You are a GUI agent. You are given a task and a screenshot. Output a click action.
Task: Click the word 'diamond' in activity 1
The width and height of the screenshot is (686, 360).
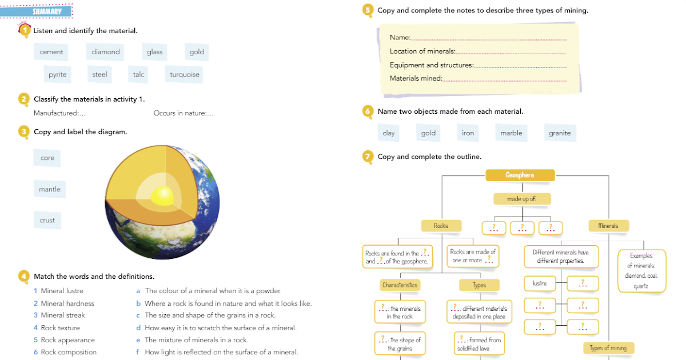(106, 52)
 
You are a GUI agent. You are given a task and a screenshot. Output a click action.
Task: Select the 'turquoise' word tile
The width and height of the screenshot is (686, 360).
(185, 74)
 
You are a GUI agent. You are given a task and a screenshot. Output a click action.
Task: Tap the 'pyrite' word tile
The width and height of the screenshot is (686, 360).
(57, 74)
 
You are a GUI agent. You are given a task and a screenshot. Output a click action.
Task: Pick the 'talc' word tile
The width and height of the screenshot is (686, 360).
(138, 74)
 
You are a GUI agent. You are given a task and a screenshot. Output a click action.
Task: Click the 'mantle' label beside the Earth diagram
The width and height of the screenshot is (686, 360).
(49, 189)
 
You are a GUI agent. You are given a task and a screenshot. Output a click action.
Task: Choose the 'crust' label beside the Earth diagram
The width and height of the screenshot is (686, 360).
(47, 220)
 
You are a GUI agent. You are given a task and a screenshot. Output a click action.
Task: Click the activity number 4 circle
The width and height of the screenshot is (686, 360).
(23, 277)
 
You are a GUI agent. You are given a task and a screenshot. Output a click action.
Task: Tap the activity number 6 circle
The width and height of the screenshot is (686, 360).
(368, 111)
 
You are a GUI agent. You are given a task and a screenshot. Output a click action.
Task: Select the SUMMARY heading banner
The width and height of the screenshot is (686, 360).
(47, 11)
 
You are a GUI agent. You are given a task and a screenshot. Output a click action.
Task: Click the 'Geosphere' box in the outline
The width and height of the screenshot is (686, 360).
(520, 175)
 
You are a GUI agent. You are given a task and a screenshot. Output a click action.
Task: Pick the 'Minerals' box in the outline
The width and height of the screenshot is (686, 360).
(608, 226)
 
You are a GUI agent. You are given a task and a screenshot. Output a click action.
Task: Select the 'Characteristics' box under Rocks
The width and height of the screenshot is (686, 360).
(400, 285)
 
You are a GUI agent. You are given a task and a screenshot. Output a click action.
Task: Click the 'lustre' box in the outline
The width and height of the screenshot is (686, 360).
(539, 283)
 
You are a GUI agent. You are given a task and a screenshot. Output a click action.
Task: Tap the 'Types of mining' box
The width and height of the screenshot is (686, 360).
(608, 348)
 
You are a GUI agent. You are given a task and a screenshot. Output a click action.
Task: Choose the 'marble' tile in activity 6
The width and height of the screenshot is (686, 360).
(511, 133)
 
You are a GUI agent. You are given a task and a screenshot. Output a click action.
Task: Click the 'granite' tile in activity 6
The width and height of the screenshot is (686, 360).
(560, 133)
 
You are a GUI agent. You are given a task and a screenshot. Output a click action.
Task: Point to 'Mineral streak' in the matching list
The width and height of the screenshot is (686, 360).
(62, 315)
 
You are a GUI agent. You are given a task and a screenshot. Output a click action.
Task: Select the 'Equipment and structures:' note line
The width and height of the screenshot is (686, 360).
(432, 65)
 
